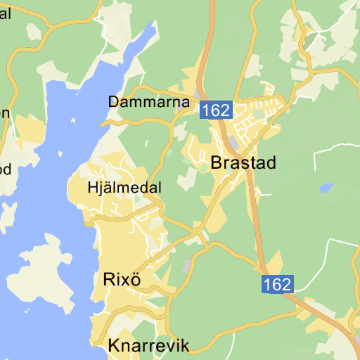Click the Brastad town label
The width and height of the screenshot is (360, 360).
click(243, 163)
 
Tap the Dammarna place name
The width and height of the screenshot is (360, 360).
click(149, 102)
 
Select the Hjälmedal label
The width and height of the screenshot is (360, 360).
click(125, 188)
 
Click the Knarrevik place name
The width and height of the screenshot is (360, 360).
click(149, 345)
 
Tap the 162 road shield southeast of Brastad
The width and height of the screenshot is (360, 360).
click(277, 284)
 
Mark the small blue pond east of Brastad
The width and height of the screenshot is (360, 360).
click(326, 188)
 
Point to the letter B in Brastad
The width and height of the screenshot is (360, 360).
click(217, 163)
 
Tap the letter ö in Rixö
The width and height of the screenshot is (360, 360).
click(136, 279)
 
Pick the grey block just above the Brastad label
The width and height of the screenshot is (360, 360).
click(233, 143)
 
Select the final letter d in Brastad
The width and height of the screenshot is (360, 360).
click(270, 163)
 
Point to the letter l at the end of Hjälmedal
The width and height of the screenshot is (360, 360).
click(160, 188)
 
